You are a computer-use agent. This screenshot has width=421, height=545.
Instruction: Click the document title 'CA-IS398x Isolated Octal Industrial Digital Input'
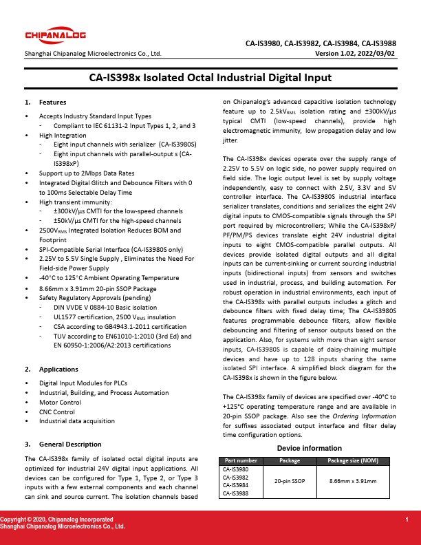(x=210, y=78)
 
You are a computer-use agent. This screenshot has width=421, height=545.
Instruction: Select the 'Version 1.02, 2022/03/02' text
(x=355, y=53)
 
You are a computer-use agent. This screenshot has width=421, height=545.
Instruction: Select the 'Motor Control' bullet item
(x=60, y=402)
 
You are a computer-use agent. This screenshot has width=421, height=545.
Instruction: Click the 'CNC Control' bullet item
(x=57, y=412)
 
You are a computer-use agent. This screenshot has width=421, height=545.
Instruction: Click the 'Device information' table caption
(x=309, y=449)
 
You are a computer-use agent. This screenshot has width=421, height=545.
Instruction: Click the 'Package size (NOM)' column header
(x=353, y=460)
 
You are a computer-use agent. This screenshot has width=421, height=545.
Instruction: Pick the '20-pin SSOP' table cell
(x=290, y=481)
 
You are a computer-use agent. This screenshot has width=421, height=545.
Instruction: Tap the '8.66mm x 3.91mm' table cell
(x=353, y=481)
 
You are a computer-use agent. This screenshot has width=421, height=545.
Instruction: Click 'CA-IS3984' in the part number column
(x=236, y=485)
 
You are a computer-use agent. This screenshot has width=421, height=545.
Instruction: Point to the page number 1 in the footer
(x=407, y=518)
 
